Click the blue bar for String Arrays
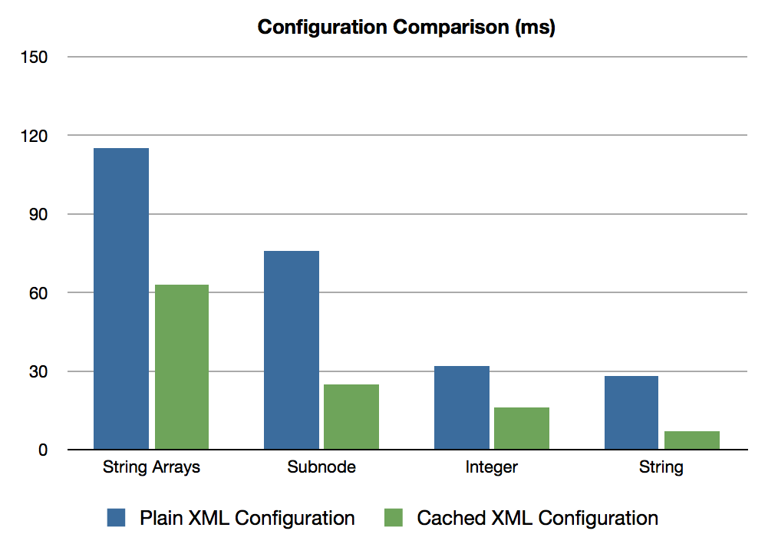[121, 298]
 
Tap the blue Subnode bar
[292, 350]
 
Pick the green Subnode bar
[351, 417]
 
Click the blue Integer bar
[462, 407]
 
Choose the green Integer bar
[522, 428]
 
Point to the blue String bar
[631, 412]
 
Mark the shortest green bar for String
[692, 440]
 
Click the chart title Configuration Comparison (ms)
[406, 28]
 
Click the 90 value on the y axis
[38, 215]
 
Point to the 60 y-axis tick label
[38, 293]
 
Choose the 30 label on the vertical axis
[38, 372]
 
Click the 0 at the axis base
[43, 450]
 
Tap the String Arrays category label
[151, 467]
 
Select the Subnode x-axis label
[321, 467]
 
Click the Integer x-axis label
[491, 467]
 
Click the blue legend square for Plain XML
[117, 518]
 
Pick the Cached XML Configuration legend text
[537, 518]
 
